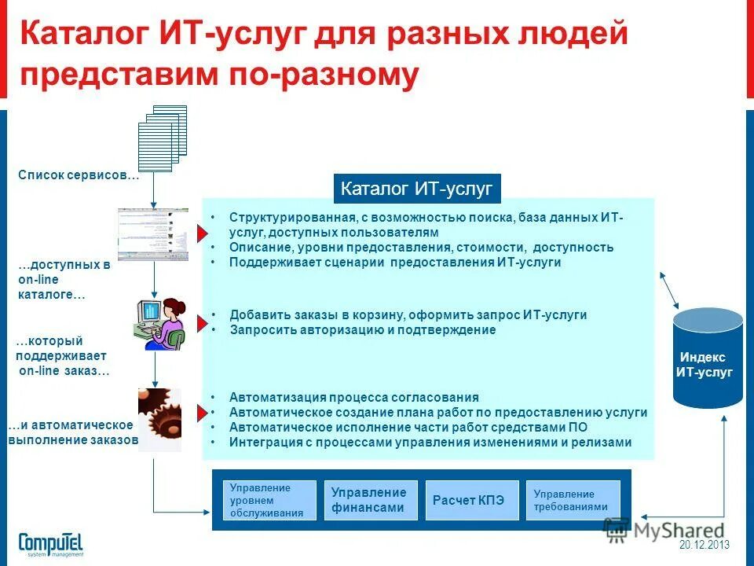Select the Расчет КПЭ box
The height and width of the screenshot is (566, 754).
[x=471, y=500]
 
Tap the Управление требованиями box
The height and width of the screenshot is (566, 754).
[x=573, y=500]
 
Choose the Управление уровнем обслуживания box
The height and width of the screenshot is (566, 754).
[x=269, y=500]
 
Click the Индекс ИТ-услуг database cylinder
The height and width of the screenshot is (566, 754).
[x=707, y=357]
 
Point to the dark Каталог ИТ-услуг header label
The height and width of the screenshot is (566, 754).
[x=417, y=189]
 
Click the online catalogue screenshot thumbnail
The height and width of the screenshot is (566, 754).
[x=154, y=234]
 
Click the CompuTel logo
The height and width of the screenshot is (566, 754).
[x=50, y=543]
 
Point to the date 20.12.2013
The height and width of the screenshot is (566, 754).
[x=705, y=545]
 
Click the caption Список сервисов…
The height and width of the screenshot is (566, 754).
[x=78, y=175]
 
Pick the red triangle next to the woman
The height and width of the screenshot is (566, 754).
[x=202, y=322]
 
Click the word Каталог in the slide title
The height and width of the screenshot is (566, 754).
[x=83, y=35]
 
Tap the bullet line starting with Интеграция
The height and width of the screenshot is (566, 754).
[x=430, y=443]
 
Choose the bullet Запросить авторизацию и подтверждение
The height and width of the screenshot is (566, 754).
[x=363, y=330]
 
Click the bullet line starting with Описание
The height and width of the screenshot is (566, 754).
[x=421, y=248]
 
